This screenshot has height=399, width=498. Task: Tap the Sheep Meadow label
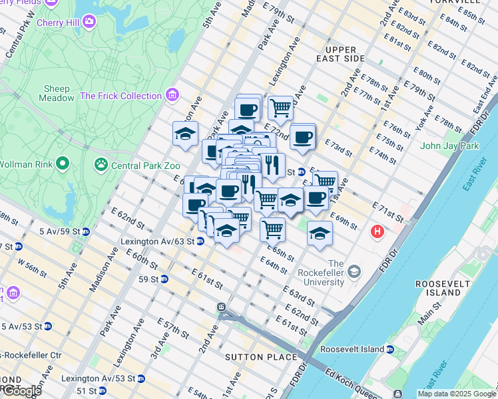coord(57,93)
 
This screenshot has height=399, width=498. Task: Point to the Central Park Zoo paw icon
coord(101,163)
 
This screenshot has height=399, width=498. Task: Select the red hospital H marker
coord(378,232)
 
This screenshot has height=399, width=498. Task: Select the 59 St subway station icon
coord(164,278)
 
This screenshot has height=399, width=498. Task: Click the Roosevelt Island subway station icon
coord(390,349)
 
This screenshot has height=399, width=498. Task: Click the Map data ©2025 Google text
coord(456,394)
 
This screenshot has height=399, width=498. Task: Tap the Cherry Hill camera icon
coord(89,21)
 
